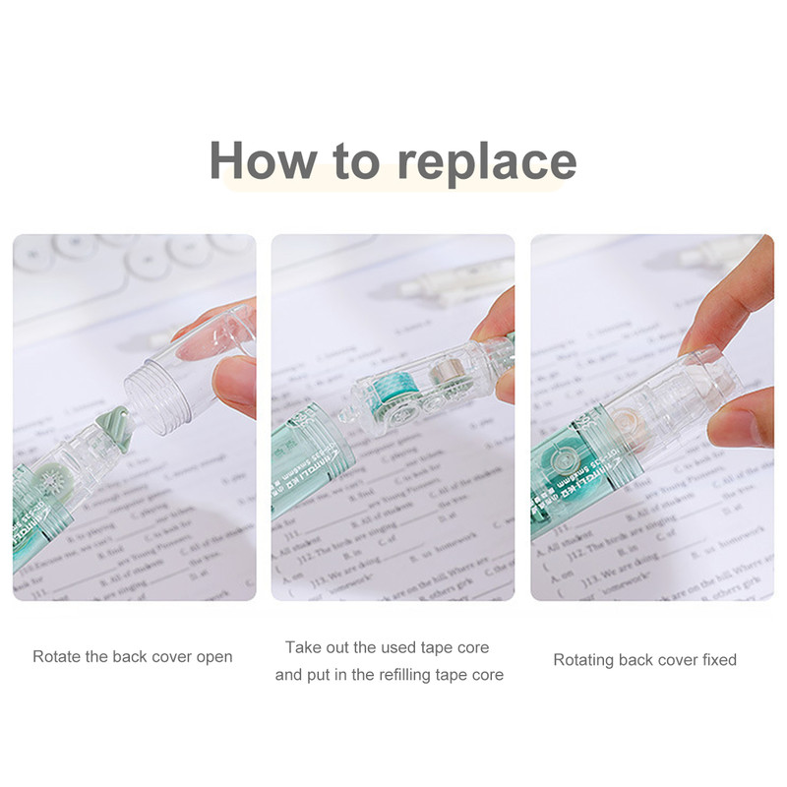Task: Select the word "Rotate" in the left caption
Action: click(x=56, y=656)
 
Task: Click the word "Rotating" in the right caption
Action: click(x=585, y=659)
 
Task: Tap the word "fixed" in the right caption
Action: click(x=716, y=659)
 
